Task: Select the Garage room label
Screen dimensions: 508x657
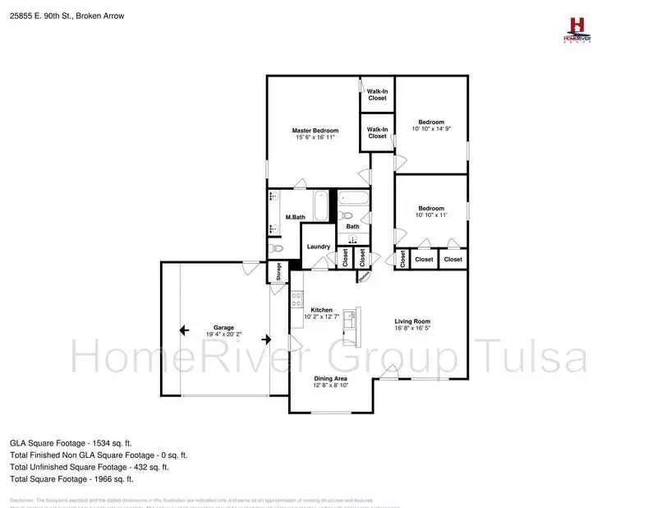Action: click(224, 326)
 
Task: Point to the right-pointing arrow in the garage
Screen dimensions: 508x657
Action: click(265, 339)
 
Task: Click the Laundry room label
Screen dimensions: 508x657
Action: click(318, 247)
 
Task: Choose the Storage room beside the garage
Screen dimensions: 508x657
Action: click(278, 271)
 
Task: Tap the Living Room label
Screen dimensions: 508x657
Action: click(412, 321)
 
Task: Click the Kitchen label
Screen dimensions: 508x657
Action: click(321, 309)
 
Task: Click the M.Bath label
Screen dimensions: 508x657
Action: click(296, 217)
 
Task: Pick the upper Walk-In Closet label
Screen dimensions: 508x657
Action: click(377, 95)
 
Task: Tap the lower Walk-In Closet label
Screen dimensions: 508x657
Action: click(377, 132)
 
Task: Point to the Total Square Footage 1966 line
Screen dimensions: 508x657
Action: click(71, 478)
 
